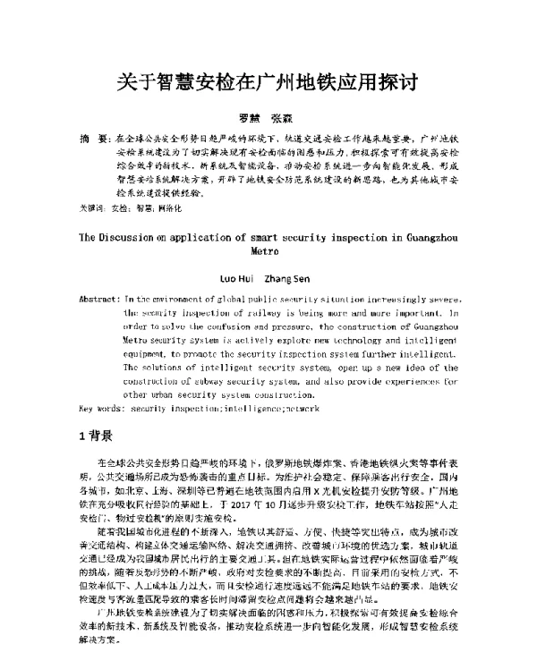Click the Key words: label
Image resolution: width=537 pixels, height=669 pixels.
pyautogui.click(x=101, y=407)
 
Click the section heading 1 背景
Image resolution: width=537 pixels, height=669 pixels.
pyautogui.click(x=96, y=437)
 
